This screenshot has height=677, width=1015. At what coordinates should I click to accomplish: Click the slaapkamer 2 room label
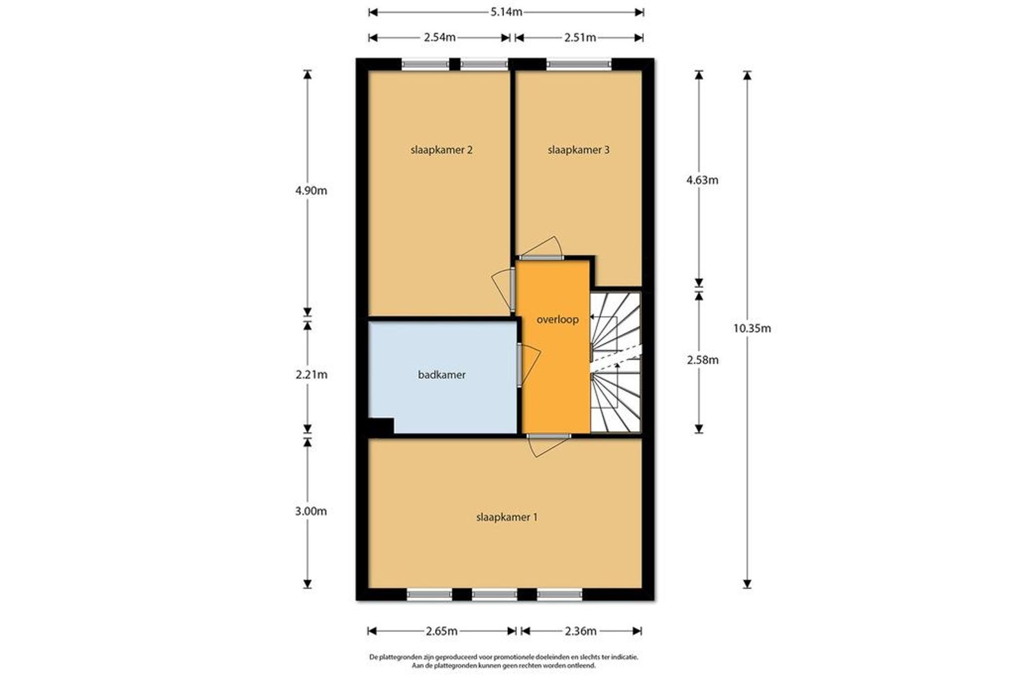(441, 150)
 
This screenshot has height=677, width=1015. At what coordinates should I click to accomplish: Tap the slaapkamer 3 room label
(578, 150)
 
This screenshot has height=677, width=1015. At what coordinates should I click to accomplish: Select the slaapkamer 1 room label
(507, 517)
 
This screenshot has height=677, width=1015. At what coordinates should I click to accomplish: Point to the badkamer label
(442, 374)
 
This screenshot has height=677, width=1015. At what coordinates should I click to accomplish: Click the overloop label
(558, 319)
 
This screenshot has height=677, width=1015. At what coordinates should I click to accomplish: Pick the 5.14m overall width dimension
(507, 12)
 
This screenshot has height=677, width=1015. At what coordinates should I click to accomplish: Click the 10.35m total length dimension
(752, 328)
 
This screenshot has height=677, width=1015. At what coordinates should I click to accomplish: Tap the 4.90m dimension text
(311, 191)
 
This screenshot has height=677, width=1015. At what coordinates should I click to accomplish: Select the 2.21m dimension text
(312, 374)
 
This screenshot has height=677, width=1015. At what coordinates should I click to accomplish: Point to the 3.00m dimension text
(311, 511)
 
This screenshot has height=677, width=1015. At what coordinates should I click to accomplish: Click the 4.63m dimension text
(703, 180)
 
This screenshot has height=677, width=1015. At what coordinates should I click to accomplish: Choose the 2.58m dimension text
(703, 360)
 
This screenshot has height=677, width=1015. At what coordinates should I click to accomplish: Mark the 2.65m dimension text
(442, 631)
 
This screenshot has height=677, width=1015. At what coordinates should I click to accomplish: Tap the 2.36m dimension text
(580, 631)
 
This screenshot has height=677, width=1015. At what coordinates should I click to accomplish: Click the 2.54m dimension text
(440, 38)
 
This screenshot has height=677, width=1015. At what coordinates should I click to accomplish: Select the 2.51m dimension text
(580, 38)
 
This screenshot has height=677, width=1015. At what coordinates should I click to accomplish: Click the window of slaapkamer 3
(579, 64)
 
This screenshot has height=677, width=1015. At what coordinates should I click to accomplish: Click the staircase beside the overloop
(616, 362)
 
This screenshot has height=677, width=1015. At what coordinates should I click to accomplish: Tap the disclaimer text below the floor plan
(504, 661)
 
